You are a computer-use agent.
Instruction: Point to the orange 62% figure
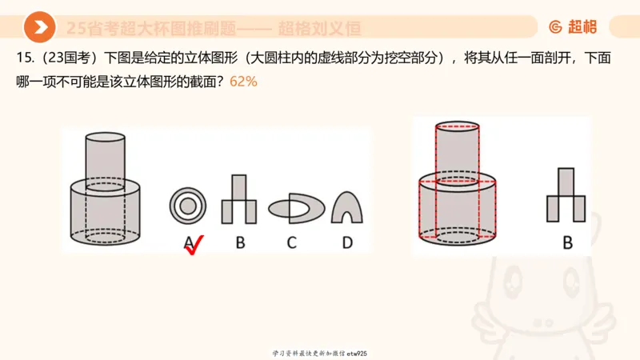[x=243, y=81]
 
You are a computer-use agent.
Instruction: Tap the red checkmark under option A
[x=193, y=246]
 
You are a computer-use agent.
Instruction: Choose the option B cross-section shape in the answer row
[x=239, y=199]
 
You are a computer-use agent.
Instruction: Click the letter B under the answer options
[x=239, y=242]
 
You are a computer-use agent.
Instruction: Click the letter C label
[x=292, y=242]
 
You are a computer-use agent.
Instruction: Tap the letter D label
[x=347, y=242]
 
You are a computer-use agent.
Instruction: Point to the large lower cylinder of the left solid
[x=105, y=212]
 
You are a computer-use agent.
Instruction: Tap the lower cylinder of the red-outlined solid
[x=458, y=210]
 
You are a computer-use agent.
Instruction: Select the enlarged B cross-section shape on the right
[x=566, y=195]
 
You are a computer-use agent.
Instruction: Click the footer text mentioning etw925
[x=319, y=353]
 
